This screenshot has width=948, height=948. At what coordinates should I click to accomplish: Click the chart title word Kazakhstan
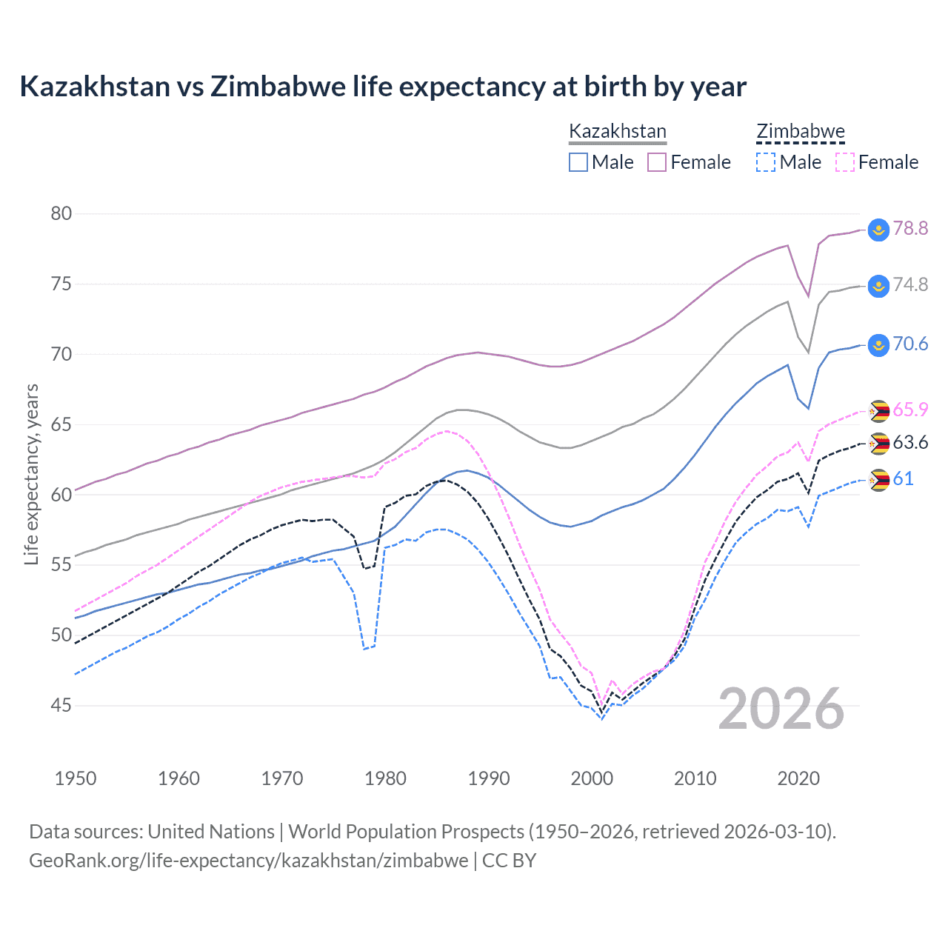click(x=95, y=87)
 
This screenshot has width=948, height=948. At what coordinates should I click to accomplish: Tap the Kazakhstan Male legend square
click(x=578, y=162)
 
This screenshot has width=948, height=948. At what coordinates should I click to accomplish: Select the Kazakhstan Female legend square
click(x=657, y=162)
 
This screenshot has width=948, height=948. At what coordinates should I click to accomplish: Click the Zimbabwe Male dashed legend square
click(x=766, y=162)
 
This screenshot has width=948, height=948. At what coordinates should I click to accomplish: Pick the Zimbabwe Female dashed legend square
click(x=845, y=162)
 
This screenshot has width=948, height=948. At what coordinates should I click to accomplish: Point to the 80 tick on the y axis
click(x=61, y=214)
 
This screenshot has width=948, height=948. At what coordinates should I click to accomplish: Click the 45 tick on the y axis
click(x=61, y=706)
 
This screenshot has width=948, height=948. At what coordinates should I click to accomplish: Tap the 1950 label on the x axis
click(x=76, y=778)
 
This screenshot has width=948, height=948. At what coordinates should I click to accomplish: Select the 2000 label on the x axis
click(x=592, y=778)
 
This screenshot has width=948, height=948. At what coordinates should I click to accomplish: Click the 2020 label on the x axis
click(x=798, y=778)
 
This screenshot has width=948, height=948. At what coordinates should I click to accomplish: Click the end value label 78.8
click(x=910, y=228)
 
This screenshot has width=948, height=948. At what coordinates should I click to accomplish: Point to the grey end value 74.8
click(x=910, y=285)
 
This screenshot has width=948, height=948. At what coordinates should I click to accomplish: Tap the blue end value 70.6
click(x=910, y=344)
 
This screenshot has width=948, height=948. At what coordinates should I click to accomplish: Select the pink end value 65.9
click(x=910, y=410)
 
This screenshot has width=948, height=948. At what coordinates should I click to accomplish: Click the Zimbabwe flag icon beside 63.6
click(x=878, y=444)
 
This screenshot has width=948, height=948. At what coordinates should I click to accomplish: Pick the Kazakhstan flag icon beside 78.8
click(x=878, y=230)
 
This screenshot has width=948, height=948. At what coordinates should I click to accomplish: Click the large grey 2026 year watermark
click(x=781, y=709)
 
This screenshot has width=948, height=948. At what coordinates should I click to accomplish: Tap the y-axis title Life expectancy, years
click(x=31, y=474)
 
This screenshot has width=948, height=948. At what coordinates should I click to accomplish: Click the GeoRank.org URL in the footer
click(x=248, y=861)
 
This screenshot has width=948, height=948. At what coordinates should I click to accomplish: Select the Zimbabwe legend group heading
click(x=801, y=131)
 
